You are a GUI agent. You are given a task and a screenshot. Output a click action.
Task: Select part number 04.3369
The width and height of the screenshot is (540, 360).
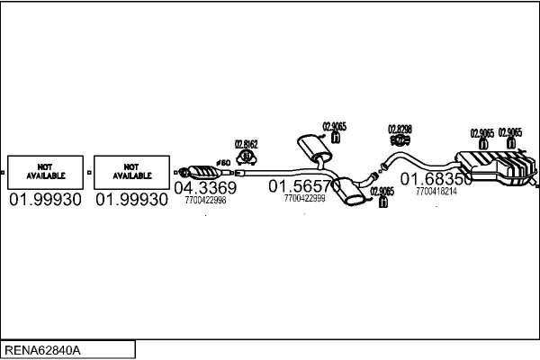coord(205,188)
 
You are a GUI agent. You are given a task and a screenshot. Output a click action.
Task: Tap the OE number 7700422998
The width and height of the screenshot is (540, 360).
coord(205,201)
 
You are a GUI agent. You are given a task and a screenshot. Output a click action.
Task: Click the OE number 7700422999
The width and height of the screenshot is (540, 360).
coord(304,198)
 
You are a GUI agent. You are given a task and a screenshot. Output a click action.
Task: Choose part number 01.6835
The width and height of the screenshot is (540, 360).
coord(435,179)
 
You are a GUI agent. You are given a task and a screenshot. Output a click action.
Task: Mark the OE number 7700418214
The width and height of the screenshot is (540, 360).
coord(436,191)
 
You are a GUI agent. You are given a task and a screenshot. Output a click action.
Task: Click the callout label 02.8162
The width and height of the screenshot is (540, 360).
coord(247,143)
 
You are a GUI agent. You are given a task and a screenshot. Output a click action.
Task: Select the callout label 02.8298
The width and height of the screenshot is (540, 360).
coord(400,129)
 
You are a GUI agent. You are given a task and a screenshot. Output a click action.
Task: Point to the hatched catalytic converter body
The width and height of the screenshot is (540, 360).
coord(204,172)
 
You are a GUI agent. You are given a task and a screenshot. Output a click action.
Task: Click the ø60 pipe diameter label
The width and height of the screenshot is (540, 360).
coord(225,162)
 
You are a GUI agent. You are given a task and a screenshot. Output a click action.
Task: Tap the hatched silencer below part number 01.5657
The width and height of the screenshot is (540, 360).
coord(351,193)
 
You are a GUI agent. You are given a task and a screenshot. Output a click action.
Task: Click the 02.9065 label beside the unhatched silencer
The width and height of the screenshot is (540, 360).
coord(335,127)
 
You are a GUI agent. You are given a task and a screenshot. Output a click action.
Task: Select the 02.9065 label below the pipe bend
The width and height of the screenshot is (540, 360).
coord(382,191)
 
